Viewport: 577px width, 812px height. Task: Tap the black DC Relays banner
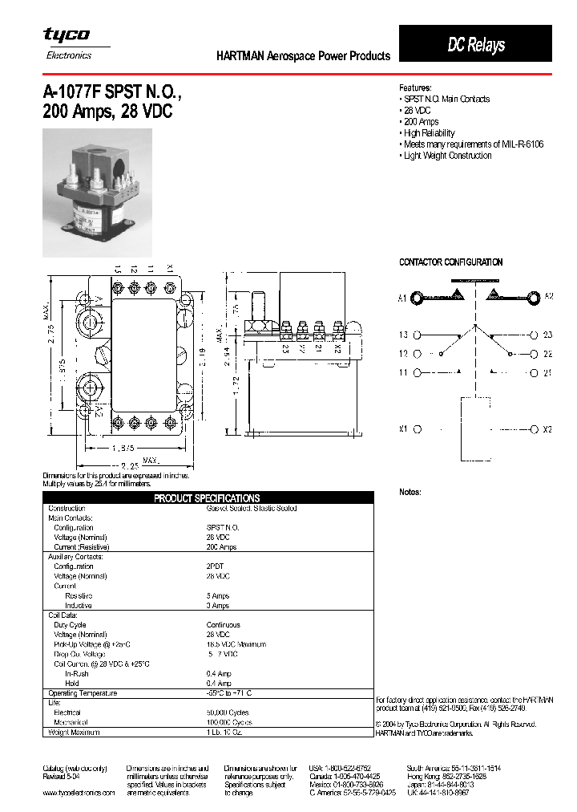[x=475, y=44]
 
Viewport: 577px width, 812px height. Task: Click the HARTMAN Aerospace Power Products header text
[x=303, y=56]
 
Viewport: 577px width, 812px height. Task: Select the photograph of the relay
[x=97, y=193]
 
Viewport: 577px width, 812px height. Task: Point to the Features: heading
[x=415, y=87]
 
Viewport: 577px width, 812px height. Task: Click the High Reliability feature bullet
[x=429, y=133]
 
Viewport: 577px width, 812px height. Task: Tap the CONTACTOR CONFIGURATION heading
[x=450, y=262]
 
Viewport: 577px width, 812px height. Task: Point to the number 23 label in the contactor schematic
[x=547, y=335]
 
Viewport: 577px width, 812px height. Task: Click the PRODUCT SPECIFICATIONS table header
[x=207, y=498]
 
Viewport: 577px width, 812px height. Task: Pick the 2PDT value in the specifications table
[x=216, y=566]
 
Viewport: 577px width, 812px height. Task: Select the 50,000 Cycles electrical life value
[x=228, y=713]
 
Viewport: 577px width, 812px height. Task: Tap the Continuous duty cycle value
[x=223, y=624]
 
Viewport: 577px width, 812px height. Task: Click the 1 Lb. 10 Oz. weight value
[x=228, y=732]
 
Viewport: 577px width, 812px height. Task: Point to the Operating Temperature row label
[x=83, y=693]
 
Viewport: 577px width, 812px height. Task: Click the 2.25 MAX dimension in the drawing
[x=132, y=465]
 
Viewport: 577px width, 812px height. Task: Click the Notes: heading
[x=410, y=492]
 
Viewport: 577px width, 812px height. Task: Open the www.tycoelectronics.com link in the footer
[x=79, y=793]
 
